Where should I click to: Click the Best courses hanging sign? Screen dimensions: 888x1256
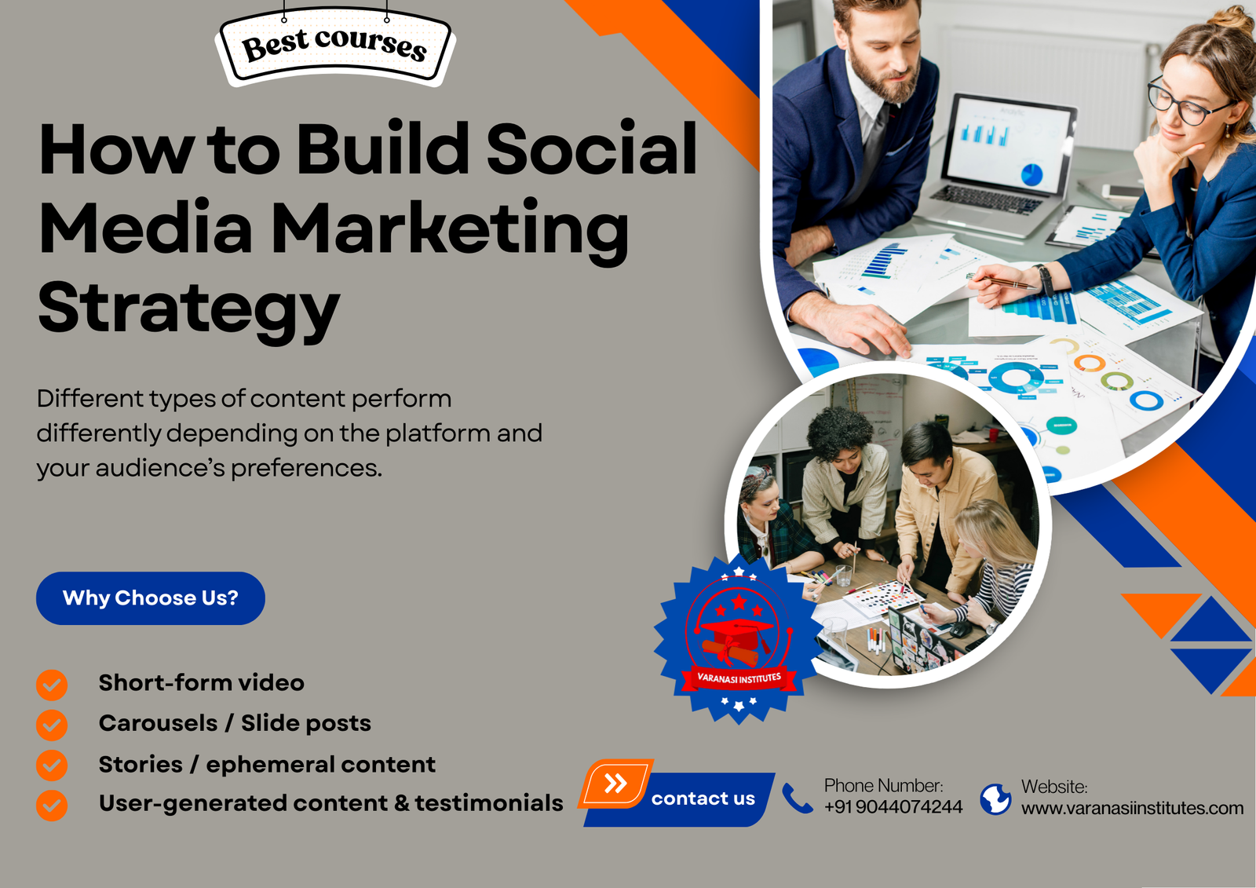(335, 45)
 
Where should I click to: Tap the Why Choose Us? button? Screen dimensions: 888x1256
(151, 598)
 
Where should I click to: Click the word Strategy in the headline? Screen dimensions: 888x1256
(189, 309)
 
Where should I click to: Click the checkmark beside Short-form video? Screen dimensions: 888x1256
(52, 685)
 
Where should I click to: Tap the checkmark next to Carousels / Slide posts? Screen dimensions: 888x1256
(52, 725)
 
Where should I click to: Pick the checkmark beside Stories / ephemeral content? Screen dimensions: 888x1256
(52, 766)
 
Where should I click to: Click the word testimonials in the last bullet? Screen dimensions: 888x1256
(488, 803)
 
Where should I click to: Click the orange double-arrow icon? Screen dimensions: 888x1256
(616, 783)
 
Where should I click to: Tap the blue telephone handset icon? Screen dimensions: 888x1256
(797, 798)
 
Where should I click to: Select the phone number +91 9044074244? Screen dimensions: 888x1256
(893, 807)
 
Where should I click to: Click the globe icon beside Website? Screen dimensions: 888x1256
(995, 799)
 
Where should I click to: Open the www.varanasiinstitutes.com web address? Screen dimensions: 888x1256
(1132, 808)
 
